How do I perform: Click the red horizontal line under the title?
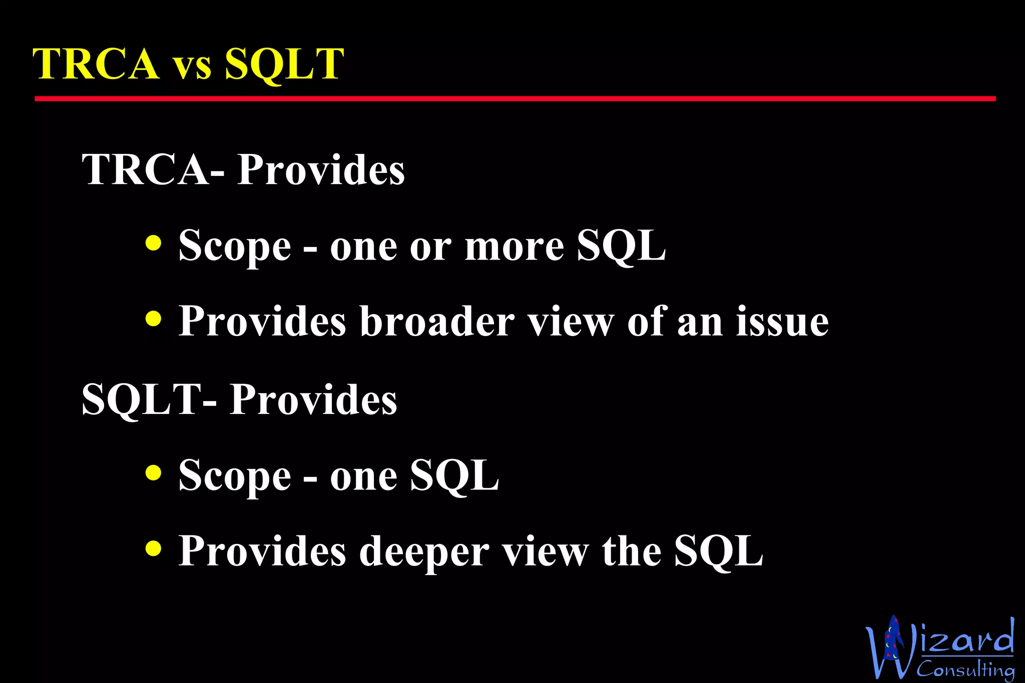[x=515, y=99]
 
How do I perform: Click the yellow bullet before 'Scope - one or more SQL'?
[x=153, y=243]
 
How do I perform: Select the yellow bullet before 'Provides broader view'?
[x=153, y=318]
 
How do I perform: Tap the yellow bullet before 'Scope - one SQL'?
[x=153, y=472]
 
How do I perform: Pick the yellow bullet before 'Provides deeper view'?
[x=153, y=548]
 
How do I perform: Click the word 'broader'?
[x=437, y=321]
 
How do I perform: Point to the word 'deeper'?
[x=424, y=551]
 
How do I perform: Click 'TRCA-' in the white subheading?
[x=153, y=170]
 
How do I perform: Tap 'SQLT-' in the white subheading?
[x=149, y=400]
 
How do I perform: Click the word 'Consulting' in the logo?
[x=965, y=669]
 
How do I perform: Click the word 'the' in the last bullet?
[x=632, y=551]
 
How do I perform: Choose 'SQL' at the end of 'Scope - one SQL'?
[x=454, y=475]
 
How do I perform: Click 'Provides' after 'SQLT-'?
[x=313, y=400]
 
